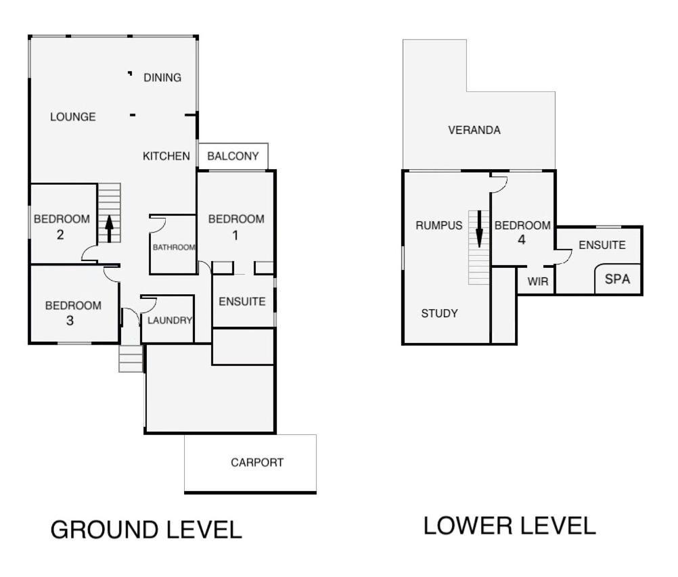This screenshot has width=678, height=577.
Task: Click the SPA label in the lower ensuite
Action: coord(617,279)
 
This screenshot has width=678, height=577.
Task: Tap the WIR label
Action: coord(538,282)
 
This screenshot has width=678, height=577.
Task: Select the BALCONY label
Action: coord(233,156)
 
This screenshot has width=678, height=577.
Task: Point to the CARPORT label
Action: coord(257,463)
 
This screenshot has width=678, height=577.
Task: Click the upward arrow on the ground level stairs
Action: coord(109,229)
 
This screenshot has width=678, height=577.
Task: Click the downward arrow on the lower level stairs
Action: coord(479,229)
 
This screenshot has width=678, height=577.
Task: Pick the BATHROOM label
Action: coord(174,247)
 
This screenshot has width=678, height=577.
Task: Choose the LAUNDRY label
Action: coord(169,320)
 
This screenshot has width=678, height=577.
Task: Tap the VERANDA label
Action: coord(474,130)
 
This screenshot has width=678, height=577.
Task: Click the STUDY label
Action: coord(439,313)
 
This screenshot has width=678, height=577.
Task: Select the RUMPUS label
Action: coord(439,225)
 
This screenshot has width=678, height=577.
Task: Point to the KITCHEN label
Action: coord(166,156)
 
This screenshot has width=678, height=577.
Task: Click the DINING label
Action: coord(162,78)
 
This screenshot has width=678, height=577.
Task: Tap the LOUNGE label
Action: coord(72,117)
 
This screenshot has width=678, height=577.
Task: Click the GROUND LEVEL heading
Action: coord(146,530)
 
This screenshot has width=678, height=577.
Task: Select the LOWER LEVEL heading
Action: coord(510,526)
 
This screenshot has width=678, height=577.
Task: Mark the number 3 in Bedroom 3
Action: coord(70,321)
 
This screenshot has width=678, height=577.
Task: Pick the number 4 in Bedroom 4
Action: coord(522,239)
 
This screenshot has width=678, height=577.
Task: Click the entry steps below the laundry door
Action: coord(131,359)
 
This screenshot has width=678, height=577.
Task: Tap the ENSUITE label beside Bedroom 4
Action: coord(602,245)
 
